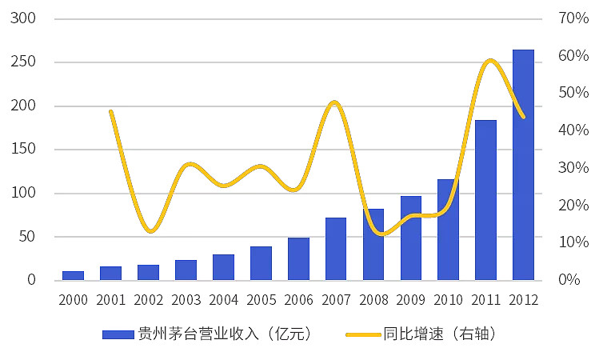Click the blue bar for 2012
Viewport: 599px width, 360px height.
point(523,165)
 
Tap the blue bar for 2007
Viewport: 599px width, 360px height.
point(336,249)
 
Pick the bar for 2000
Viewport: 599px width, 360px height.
point(73,275)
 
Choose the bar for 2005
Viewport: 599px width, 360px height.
point(261,263)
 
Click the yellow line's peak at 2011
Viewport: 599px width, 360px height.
point(490,61)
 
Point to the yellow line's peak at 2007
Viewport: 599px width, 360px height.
point(334,102)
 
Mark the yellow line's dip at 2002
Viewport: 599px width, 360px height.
point(150,231)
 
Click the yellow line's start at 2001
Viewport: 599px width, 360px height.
point(110,111)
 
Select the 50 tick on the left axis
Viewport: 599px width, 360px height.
point(28,237)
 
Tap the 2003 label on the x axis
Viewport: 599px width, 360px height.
point(186,301)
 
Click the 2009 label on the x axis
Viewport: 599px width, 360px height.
point(411,301)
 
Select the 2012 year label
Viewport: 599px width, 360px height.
point(523,301)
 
